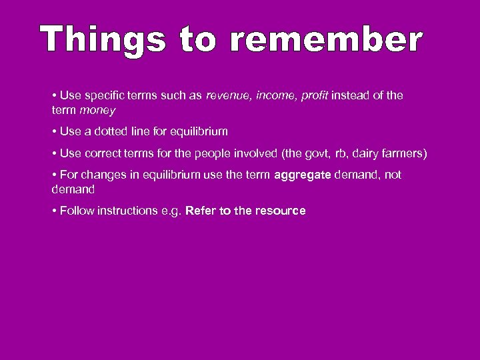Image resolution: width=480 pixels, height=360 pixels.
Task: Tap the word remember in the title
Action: [x=326, y=40]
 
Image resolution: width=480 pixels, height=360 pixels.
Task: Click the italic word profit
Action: [x=314, y=95]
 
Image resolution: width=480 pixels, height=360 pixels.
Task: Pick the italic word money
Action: [x=98, y=109]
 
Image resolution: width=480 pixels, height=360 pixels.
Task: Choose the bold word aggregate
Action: [x=302, y=175]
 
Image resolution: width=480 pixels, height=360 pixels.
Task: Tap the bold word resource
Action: [x=279, y=211]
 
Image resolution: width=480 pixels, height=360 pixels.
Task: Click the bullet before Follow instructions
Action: [x=54, y=211]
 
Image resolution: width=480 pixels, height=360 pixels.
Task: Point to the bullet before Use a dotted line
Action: [x=54, y=131]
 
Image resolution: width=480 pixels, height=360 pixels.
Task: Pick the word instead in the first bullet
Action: [x=351, y=95]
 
